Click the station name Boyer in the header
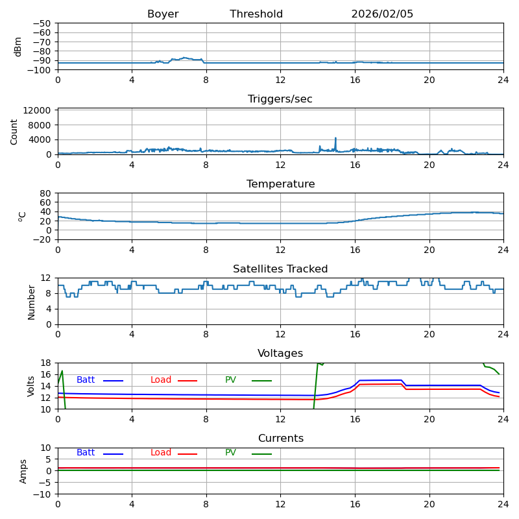[163, 14]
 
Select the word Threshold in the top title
[256, 14]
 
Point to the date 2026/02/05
[382, 14]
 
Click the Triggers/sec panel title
[280, 99]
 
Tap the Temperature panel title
[280, 184]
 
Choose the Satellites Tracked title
[280, 269]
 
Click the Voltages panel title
[280, 354]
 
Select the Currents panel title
[280, 439]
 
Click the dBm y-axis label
[18, 47]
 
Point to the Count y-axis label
[14, 132]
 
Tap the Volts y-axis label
[31, 386]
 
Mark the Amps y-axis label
[23, 471]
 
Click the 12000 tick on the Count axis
[39, 111]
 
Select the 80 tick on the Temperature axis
[46, 193]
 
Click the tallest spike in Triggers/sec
[335, 138]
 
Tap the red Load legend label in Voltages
[161, 380]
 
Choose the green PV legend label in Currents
[231, 453]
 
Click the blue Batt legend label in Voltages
[86, 380]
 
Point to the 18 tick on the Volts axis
[46, 363]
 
